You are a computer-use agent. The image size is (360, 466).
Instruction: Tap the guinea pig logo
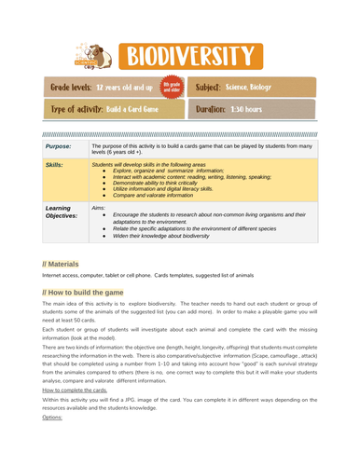[96, 56]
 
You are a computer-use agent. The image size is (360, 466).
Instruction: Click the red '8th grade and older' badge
[171, 88]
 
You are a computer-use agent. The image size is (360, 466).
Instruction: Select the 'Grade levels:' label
[70, 88]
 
